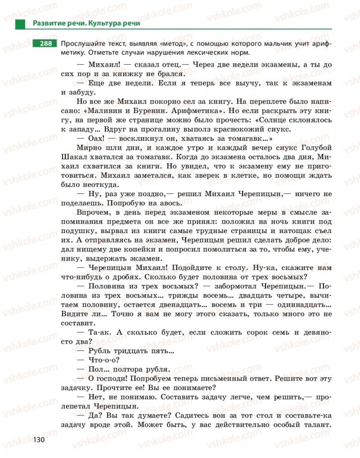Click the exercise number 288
[44, 44]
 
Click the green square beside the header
[20, 24]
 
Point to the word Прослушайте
[84, 44]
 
